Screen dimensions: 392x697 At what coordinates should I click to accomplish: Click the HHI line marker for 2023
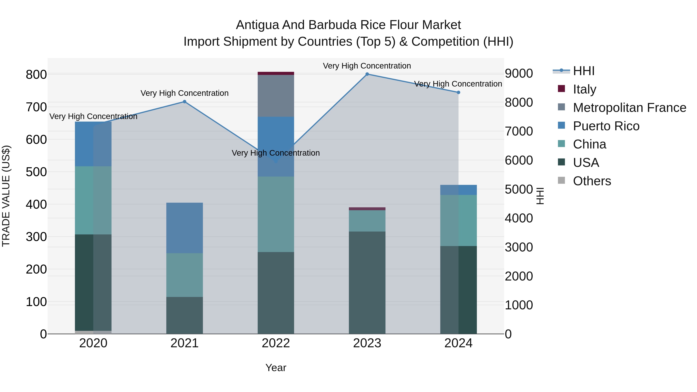367,74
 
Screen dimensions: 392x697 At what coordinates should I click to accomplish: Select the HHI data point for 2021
185,102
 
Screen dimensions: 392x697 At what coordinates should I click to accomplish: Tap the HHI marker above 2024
458,93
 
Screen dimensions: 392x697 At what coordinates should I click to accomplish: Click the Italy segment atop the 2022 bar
276,73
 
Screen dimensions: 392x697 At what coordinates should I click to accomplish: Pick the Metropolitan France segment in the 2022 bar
276,96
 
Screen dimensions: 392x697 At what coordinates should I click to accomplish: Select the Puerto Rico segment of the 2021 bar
185,228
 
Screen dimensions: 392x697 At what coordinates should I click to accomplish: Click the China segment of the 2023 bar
367,221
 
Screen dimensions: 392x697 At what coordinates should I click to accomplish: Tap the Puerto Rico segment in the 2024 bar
458,190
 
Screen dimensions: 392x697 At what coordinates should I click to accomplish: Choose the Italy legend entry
585,89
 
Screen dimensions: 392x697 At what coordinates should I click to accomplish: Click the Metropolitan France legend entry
629,108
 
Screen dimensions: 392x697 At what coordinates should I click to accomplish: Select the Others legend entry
592,181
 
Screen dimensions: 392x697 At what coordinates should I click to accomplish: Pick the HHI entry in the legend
584,71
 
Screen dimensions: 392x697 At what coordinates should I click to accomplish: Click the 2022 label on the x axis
276,343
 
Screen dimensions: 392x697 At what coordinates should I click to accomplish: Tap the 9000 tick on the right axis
519,73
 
